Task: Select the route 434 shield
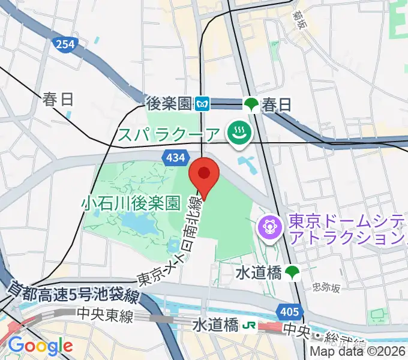click(x=173, y=157)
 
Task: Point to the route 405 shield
click(x=289, y=311)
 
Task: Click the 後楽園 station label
click(x=170, y=104)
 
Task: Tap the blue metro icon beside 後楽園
click(x=203, y=104)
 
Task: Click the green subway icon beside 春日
click(x=251, y=104)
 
